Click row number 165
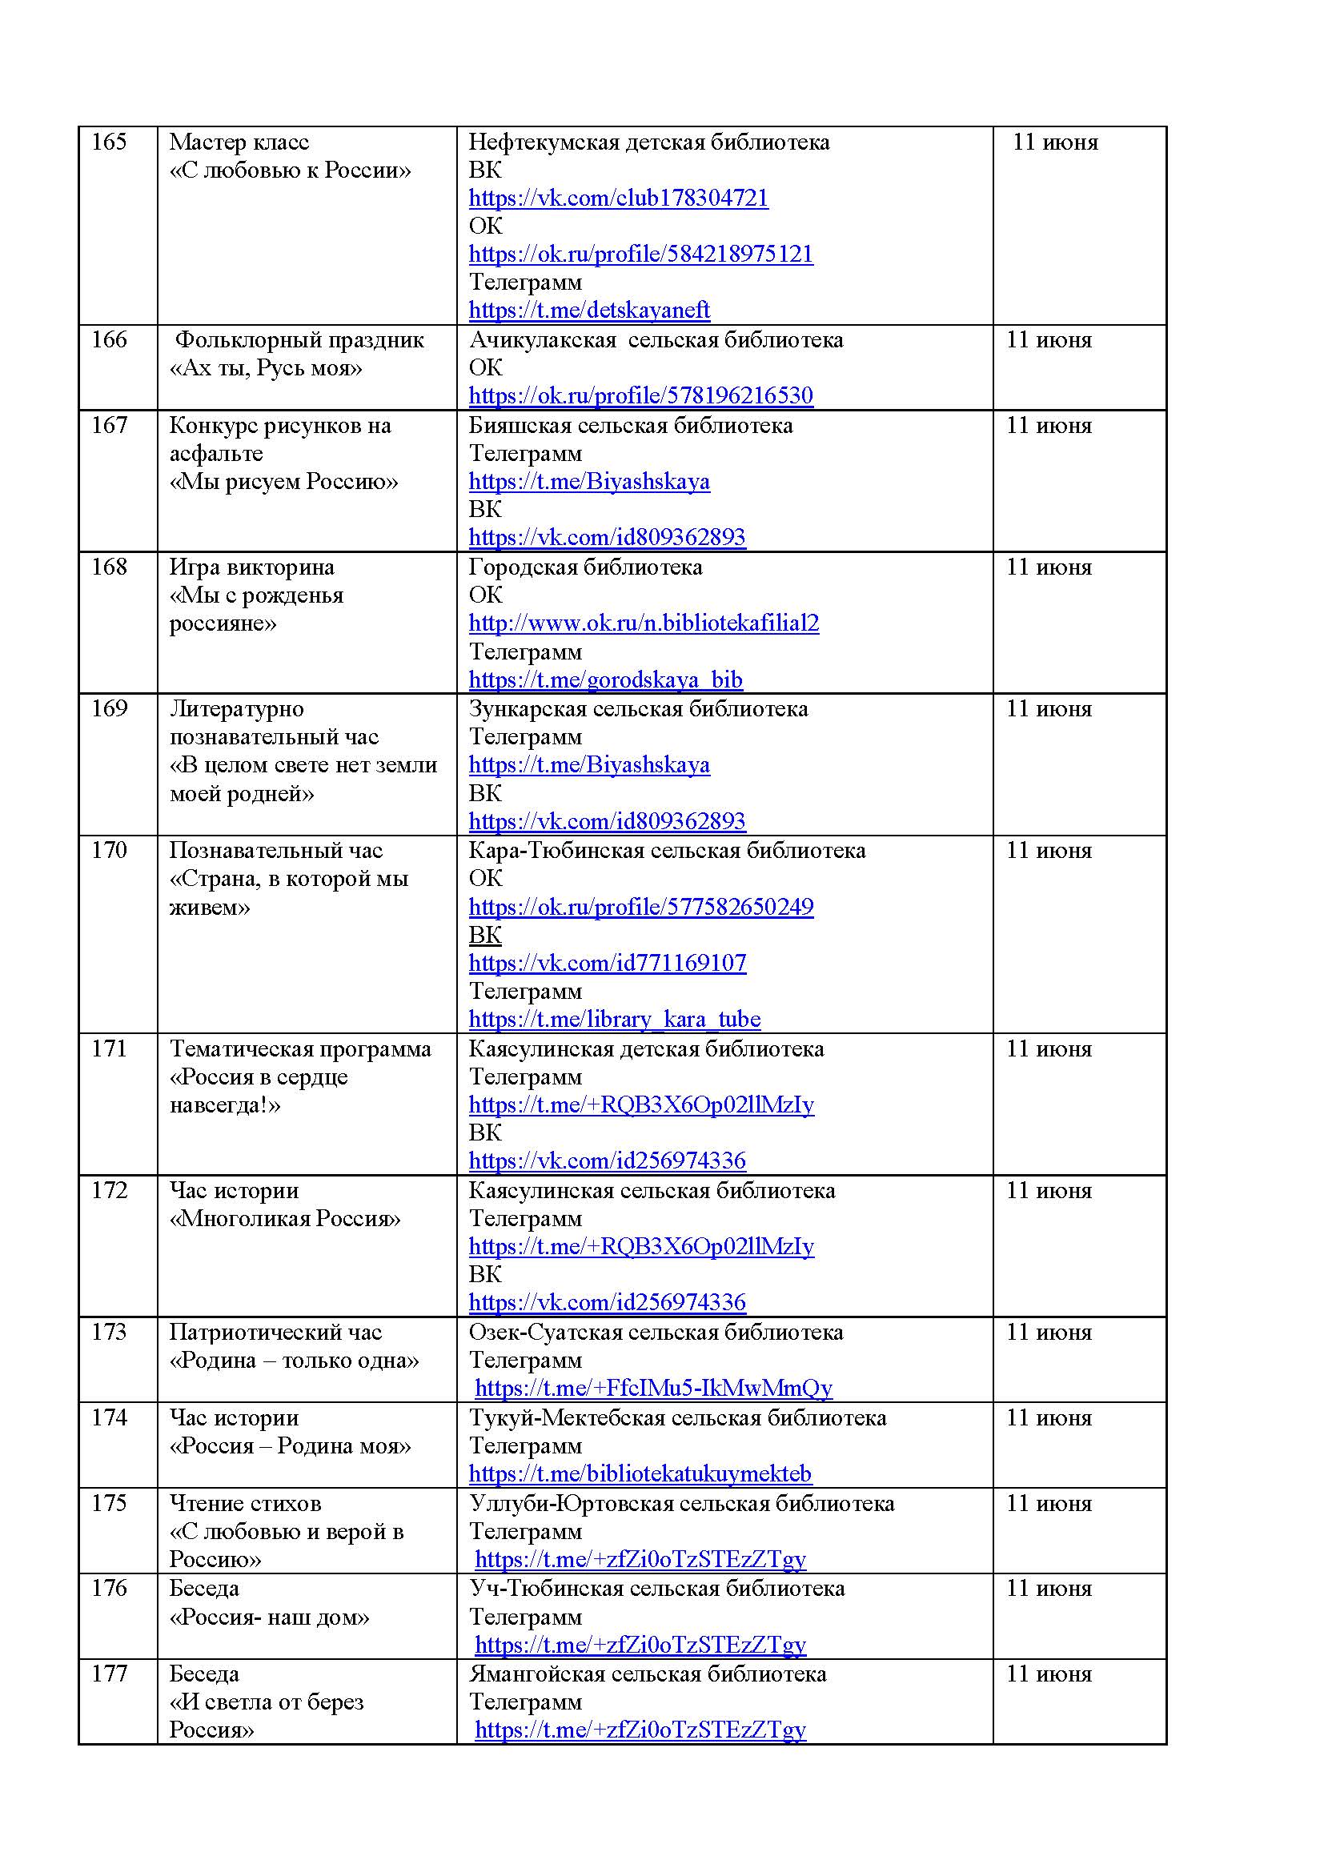[108, 142]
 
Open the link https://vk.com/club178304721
[618, 198]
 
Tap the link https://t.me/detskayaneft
[588, 310]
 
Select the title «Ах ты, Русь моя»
[266, 367]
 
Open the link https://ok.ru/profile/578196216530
[641, 395]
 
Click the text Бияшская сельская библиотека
[630, 426]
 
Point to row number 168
[108, 567]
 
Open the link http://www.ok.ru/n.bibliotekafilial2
[644, 623]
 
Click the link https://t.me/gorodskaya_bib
[606, 679]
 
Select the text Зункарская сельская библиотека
[638, 708]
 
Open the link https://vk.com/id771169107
[608, 963]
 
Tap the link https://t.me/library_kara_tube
[615, 1019]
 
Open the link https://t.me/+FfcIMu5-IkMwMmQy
[653, 1388]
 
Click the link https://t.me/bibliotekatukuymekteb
[640, 1473]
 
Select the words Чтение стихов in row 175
[246, 1503]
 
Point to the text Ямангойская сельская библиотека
[648, 1674]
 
